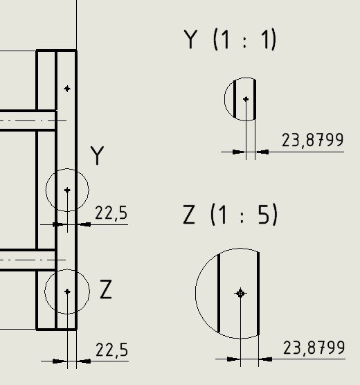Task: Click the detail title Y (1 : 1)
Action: pos(230,39)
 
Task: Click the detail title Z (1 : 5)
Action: pos(230,215)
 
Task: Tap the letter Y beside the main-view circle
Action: pos(97,155)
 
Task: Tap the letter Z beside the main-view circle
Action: pos(106,289)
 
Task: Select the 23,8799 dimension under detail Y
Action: pos(312,141)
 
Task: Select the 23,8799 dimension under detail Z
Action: pos(314,348)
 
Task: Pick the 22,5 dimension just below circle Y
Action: pos(111,213)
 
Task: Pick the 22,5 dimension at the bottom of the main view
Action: pos(111,350)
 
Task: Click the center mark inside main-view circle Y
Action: pos(67,190)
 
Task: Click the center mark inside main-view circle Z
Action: pos(67,292)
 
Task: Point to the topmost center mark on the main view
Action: pos(67,89)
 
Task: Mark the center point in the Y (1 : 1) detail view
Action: pos(246,99)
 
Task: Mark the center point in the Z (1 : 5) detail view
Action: pos(240,293)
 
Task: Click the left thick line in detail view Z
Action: pos(219,294)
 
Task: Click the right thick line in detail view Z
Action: pos(258,294)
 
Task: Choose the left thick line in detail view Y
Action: pos(235,99)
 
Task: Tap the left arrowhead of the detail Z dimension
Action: pos(233,359)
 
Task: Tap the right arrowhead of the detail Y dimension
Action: pos(262,152)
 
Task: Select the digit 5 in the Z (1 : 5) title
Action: pos(264,215)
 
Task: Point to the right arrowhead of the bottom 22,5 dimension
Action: pos(84,361)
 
